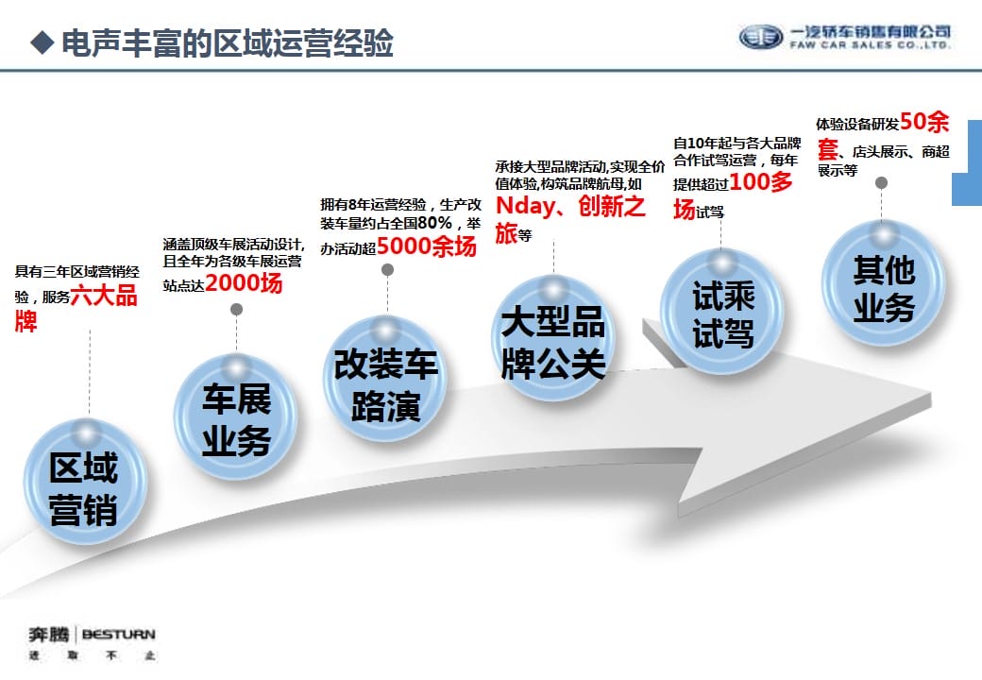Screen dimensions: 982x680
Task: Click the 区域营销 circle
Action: coord(85,482)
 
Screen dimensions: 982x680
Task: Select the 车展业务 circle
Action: coord(235,417)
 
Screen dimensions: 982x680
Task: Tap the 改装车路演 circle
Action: coord(384,380)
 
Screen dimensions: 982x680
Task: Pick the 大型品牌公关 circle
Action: coord(553,339)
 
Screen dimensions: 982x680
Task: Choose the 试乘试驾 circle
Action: coord(721,313)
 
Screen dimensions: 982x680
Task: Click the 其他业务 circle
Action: coord(883,284)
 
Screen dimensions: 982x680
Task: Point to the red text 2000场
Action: coord(244,283)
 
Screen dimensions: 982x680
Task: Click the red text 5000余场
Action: coord(427,246)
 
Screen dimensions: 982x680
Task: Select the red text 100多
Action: coord(761,181)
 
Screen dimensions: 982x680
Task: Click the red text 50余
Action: coord(924,122)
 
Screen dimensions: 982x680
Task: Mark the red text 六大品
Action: coord(104,296)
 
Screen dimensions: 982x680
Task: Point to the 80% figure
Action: coord(434,222)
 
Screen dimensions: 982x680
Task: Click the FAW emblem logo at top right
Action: coord(761,37)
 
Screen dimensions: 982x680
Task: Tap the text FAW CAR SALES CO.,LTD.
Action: coord(871,45)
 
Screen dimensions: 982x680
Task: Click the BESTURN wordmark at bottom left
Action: coord(118,635)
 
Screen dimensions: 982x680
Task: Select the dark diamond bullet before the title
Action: coord(42,42)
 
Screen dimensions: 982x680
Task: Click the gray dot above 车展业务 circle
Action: coord(236,310)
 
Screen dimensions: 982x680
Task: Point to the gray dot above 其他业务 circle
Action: coord(881,183)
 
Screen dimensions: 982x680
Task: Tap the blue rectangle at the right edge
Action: coord(967,162)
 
